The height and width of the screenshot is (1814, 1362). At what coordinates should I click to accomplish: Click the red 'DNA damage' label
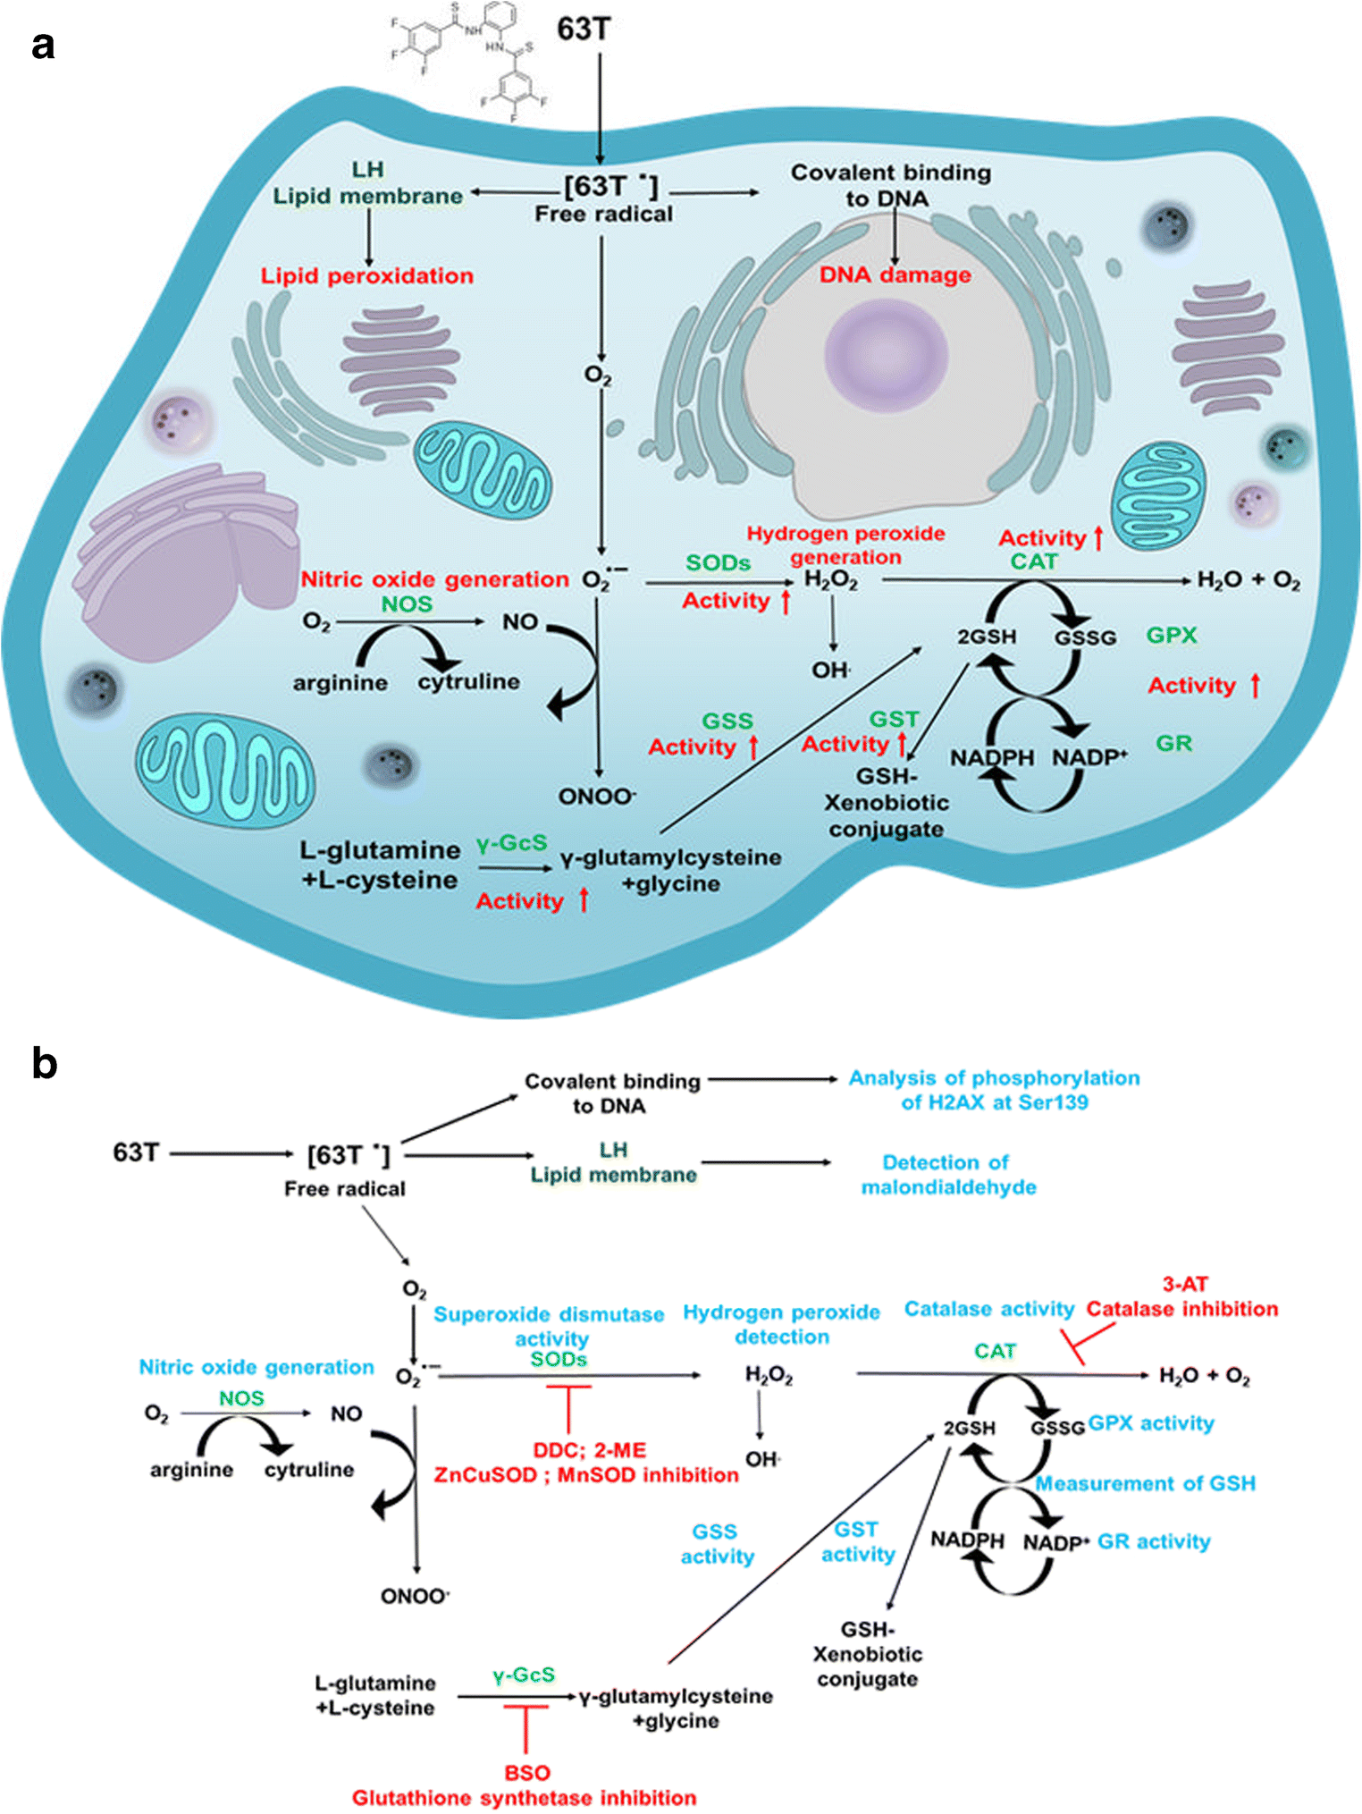point(895,275)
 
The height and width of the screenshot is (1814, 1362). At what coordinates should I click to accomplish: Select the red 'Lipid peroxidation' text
point(366,276)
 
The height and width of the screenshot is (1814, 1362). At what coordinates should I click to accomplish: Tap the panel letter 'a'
point(42,45)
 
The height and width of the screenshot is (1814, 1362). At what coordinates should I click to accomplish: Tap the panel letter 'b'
point(44,1064)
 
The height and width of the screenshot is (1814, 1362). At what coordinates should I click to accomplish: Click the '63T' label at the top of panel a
point(584,30)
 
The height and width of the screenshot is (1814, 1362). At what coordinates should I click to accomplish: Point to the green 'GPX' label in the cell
point(1171,636)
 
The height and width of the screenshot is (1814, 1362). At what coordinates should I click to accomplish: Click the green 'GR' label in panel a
point(1173,744)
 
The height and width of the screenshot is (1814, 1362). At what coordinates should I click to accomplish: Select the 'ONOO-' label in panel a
point(597,797)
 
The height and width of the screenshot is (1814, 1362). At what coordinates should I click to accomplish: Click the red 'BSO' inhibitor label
point(526,1773)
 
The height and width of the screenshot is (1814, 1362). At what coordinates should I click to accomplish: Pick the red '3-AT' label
point(1185,1285)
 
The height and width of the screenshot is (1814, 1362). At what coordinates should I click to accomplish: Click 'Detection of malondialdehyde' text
point(947,1175)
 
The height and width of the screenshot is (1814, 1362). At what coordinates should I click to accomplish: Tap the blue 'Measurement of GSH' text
point(1145,1484)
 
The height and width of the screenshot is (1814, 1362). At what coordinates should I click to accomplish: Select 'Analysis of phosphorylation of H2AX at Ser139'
point(994,1090)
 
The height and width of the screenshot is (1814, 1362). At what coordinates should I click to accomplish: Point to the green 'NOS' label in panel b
point(241,1398)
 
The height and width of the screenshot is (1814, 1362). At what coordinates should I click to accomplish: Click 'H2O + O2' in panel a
point(1248,581)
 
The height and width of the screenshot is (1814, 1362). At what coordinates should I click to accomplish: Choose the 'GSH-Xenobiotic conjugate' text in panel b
point(867,1654)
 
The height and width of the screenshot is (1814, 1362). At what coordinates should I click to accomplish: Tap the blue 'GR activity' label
point(1153,1542)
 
